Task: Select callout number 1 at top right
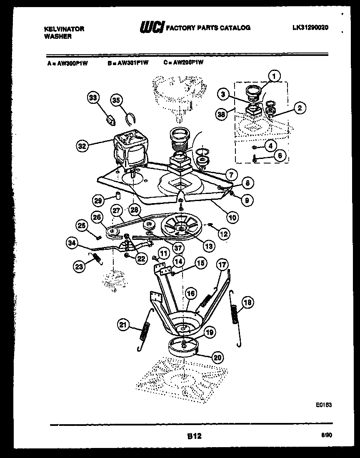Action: point(273,76)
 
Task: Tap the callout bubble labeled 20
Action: point(217,357)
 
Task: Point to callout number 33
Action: point(93,98)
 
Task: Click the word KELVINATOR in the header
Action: point(64,29)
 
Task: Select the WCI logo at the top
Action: point(152,28)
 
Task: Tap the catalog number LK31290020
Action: point(310,28)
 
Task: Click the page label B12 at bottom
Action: point(194,436)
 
